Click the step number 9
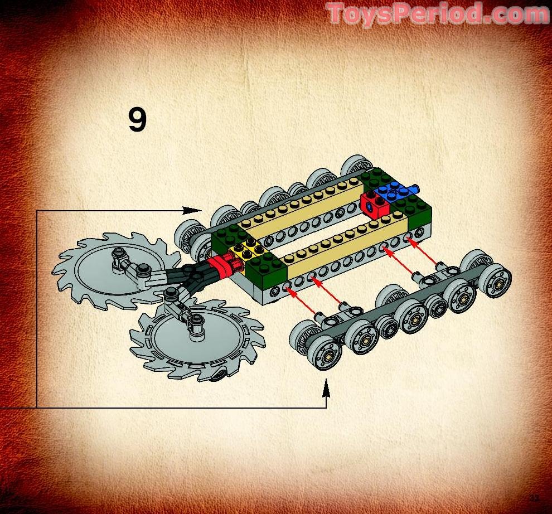coord(137,120)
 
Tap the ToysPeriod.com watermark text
coord(437,13)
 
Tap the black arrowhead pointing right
coord(192,210)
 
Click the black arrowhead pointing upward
coord(326,388)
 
